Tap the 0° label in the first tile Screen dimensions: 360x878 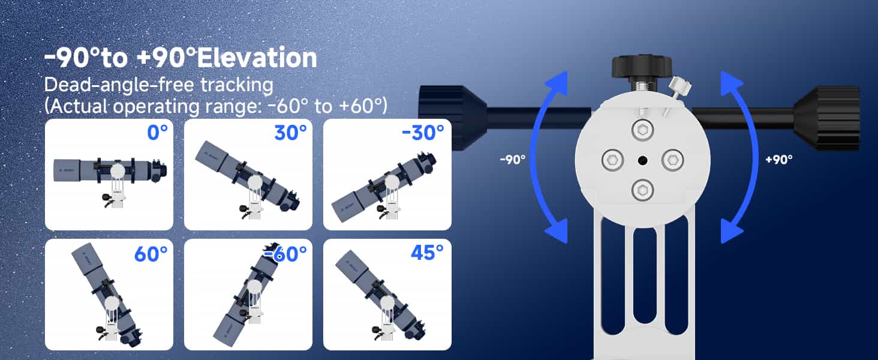coord(157,132)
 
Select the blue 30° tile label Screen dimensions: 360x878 coord(290,132)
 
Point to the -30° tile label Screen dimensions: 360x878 coord(423,132)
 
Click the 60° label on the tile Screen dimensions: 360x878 coord(150,254)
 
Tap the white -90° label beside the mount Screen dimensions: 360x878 coord(512,160)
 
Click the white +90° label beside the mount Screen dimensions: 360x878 coord(779,160)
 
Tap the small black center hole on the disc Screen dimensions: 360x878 coord(642,160)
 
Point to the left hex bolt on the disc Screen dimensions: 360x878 coord(612,160)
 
